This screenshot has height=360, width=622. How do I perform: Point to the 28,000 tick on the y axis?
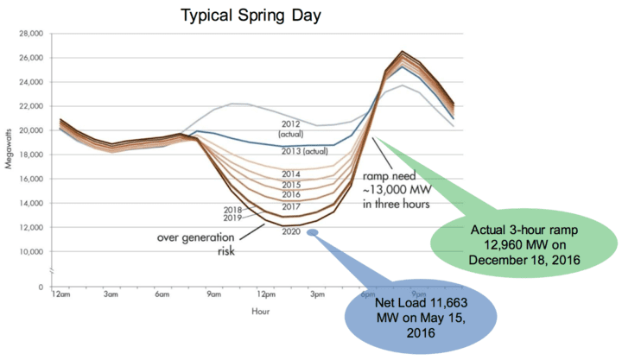[x=30, y=34]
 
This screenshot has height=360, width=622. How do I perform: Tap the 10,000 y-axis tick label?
[x=30, y=252]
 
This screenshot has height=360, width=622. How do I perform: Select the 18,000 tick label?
[x=30, y=155]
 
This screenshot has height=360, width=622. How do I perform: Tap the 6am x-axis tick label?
[x=162, y=294]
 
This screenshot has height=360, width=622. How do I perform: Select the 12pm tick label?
[x=265, y=294]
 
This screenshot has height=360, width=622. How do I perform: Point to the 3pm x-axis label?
[x=317, y=294]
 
